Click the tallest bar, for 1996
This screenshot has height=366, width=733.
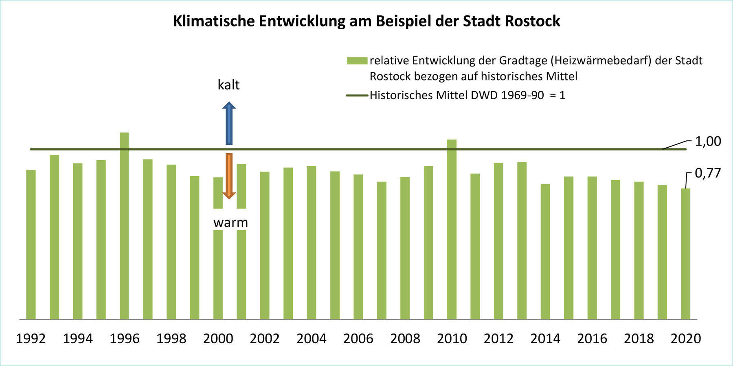coord(124,226)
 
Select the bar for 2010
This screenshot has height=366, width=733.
coord(452,230)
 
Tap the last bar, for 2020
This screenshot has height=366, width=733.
coord(685,254)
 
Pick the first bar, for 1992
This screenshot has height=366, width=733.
coord(31,244)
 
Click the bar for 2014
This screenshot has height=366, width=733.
coord(545,252)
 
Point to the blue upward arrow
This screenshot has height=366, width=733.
coord(229,124)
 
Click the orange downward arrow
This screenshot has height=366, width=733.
coord(229,176)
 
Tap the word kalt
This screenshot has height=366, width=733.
coord(228,85)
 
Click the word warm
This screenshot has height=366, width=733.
coord(230,222)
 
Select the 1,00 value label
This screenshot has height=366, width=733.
coord(708,142)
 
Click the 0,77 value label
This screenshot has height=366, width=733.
coord(708,173)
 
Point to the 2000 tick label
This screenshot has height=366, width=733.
coord(218,338)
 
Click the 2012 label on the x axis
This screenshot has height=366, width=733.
coord(498,338)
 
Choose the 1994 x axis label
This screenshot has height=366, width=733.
coord(77,338)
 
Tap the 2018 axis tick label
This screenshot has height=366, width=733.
coord(639,338)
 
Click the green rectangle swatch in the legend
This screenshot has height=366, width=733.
coord(357,61)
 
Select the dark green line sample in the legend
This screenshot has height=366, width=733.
coord(357,96)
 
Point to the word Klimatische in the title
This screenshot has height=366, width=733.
coord(213,21)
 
